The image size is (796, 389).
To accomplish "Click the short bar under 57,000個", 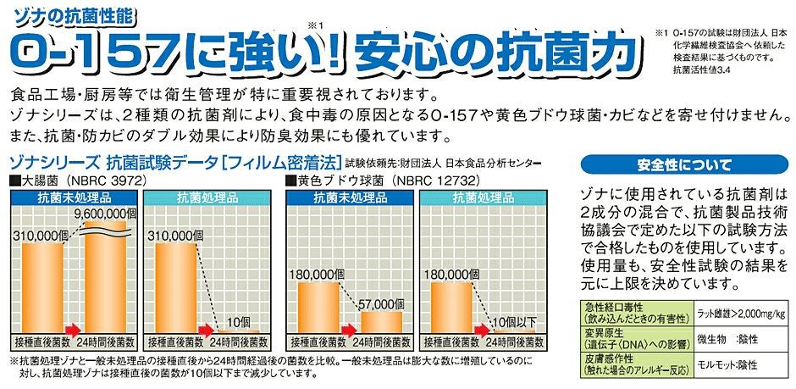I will click(x=381, y=325).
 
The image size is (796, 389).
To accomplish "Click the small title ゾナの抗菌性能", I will click(x=59, y=11).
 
